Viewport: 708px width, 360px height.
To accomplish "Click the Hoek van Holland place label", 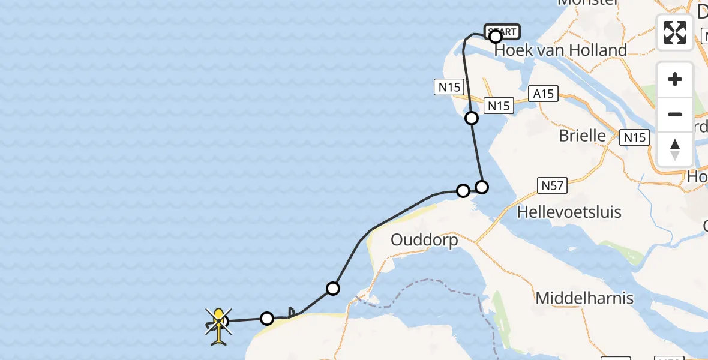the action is (x=560, y=50).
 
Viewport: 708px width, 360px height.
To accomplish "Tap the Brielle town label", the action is (x=582, y=136).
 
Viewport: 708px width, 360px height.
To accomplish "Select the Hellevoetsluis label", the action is (x=569, y=212).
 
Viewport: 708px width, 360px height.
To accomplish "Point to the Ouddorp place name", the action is (x=424, y=240).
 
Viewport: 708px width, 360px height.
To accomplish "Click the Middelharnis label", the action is (x=584, y=298).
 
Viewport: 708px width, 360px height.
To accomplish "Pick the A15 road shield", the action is (x=544, y=94).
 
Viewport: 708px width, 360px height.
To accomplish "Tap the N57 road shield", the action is (x=552, y=185).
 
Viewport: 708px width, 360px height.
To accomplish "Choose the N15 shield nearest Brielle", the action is (x=635, y=137).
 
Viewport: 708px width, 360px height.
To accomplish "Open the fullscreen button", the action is (x=675, y=32).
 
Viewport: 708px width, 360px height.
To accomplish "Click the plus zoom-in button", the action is (x=675, y=79).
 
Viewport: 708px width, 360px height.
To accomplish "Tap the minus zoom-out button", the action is (x=675, y=114).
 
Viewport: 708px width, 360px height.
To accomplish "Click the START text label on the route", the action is (x=502, y=31).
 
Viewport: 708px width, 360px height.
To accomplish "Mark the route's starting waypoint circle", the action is (x=496, y=37).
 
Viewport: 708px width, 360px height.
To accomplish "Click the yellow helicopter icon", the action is (x=219, y=325).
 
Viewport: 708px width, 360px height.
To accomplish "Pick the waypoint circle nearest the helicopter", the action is (x=267, y=318).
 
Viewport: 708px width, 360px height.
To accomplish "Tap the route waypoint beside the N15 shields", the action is (x=472, y=118).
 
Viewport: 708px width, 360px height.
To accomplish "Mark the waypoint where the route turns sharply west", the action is (x=481, y=187).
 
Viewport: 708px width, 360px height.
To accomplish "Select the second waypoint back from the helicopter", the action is (x=333, y=289).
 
